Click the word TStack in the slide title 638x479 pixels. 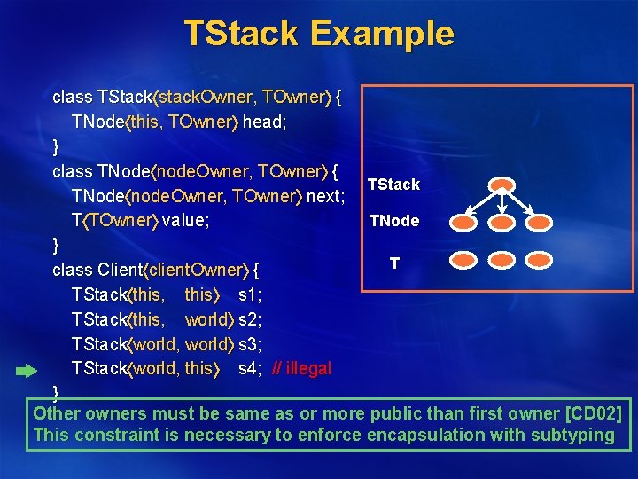point(237,34)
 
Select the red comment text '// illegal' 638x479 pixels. point(301,368)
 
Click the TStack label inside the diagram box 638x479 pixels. point(393,185)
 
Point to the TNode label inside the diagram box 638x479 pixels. point(394,221)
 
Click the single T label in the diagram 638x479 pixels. point(394,263)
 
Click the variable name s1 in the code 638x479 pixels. point(249,294)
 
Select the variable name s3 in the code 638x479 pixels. point(249,343)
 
